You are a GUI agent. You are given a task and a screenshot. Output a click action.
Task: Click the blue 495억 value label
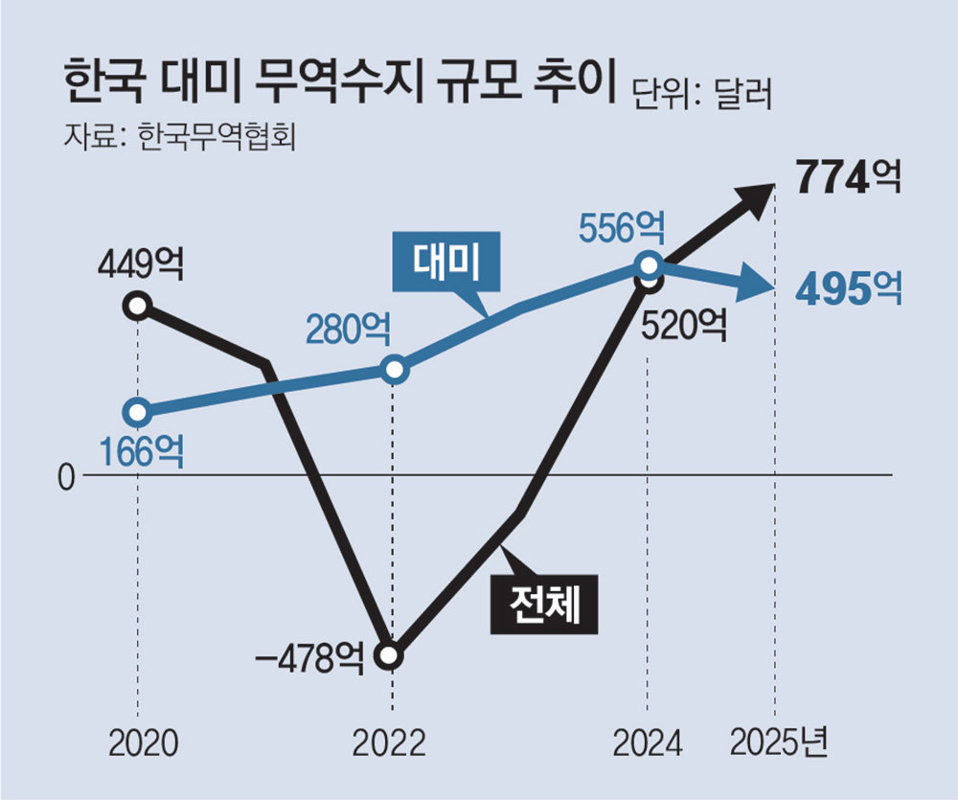849,286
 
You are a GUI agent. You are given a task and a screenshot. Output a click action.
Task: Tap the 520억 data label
684,326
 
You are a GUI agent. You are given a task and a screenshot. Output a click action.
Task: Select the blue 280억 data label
348,330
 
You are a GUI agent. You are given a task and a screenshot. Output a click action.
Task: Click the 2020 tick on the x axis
138,743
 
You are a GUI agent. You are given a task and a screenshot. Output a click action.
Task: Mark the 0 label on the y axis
66,476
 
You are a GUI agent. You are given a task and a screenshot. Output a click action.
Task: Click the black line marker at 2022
390,656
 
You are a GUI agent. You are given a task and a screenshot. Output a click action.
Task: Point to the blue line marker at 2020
139,413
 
